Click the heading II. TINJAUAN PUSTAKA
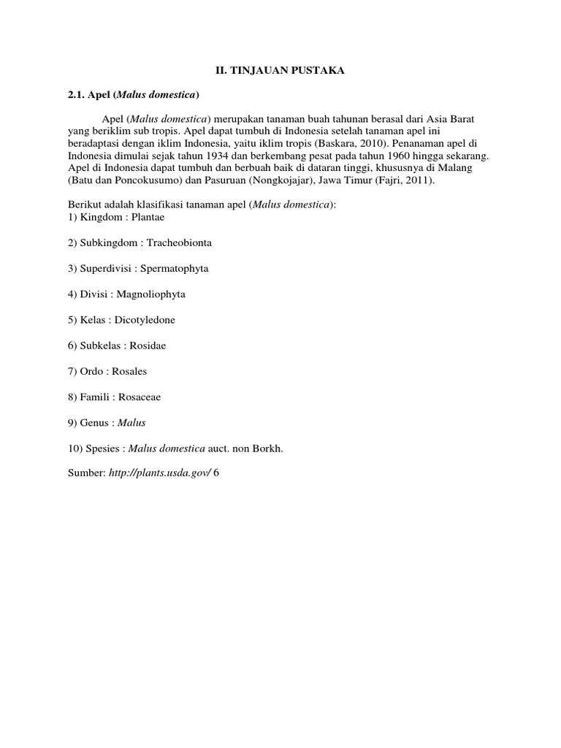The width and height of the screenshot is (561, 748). pyautogui.click(x=280, y=70)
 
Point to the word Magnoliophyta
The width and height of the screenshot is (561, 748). pyautogui.click(x=154, y=294)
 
